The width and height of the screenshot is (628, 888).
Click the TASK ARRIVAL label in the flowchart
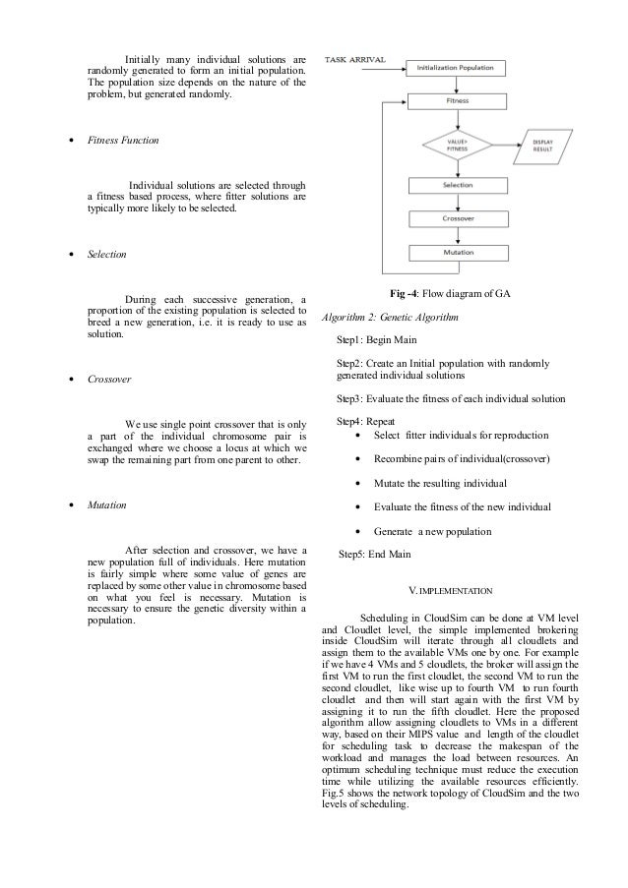tap(355, 60)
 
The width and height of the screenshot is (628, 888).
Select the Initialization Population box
tap(457, 69)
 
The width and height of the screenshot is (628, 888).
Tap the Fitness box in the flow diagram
tap(457, 101)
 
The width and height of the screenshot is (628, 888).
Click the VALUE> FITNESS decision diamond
tap(457, 145)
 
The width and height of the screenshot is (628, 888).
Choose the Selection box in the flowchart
tap(457, 186)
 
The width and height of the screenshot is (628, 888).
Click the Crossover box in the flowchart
tap(457, 219)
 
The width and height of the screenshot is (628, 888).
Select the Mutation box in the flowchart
tap(457, 253)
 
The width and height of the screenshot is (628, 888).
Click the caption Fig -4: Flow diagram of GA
tap(451, 295)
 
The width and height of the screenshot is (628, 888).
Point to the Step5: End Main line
tap(375, 554)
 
